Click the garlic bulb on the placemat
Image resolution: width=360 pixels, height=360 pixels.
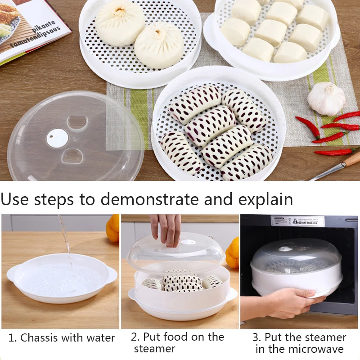tap(326, 99)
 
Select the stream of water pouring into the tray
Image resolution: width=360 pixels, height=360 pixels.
tap(66, 243)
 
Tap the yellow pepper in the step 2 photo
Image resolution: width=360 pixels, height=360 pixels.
tap(233, 252)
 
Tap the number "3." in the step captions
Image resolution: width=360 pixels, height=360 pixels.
tap(257, 337)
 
